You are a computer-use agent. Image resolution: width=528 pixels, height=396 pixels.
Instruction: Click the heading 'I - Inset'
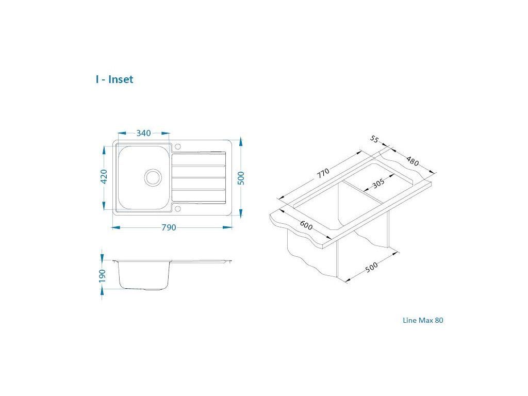point(114,79)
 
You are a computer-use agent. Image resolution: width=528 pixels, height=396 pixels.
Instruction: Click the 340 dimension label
point(143,133)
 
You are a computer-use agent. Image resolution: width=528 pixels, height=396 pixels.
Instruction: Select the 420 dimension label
point(104,176)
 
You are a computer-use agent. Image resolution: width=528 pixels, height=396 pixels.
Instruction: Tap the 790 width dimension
point(169,227)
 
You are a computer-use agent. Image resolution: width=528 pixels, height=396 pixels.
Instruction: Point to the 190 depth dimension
point(103,275)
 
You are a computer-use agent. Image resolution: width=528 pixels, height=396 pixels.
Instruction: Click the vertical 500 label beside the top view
point(241,178)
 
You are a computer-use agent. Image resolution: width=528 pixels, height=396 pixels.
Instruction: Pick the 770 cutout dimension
point(323,173)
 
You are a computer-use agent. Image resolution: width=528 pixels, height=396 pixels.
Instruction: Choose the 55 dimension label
point(374,139)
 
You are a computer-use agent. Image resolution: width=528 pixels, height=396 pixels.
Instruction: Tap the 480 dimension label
point(412,161)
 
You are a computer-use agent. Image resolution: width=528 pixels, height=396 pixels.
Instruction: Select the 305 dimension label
point(378,184)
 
